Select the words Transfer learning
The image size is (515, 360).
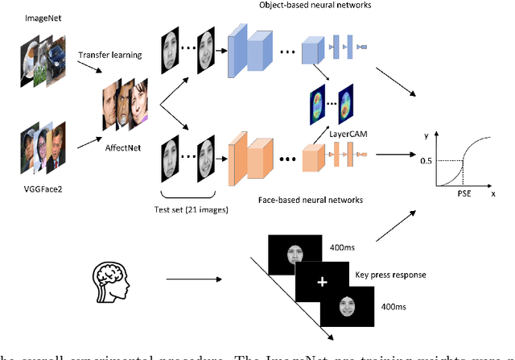pyautogui.click(x=110, y=56)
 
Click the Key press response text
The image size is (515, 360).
pyautogui.click(x=389, y=275)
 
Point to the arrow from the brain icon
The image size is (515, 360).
pyautogui.click(x=194, y=280)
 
